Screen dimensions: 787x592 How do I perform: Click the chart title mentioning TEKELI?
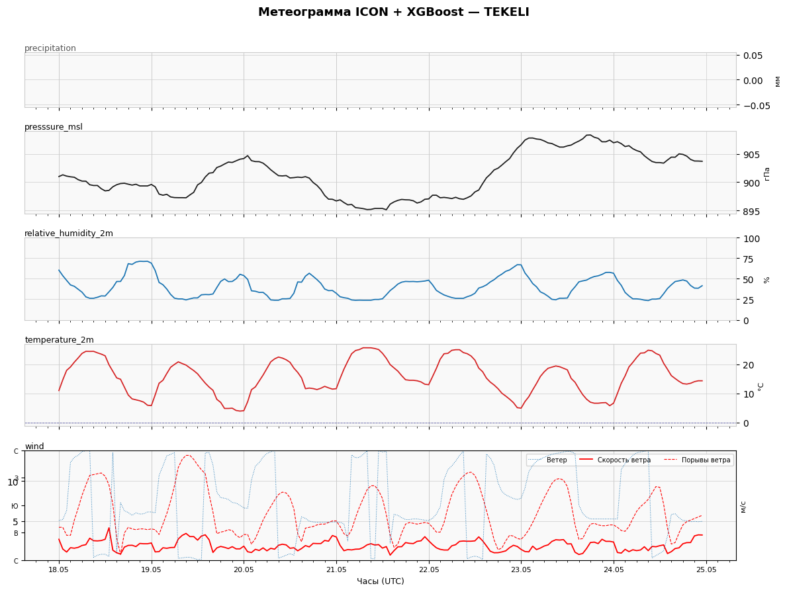click(393, 12)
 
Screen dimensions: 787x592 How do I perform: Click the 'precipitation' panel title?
click(50, 48)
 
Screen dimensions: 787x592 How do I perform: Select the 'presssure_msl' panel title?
click(54, 127)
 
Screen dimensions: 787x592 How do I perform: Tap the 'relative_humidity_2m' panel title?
click(69, 233)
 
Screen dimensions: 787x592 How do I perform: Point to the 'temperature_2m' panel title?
click(59, 339)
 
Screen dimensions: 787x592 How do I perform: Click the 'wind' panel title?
click(34, 446)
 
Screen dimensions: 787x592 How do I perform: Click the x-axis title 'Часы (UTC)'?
click(381, 581)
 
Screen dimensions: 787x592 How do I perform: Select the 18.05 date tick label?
click(59, 570)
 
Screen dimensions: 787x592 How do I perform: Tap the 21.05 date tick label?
click(336, 570)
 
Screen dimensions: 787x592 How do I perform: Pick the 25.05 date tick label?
click(706, 570)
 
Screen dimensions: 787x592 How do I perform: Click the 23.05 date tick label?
click(521, 570)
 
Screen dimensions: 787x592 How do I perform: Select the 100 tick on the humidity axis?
click(751, 239)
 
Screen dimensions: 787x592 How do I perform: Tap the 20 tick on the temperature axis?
click(749, 365)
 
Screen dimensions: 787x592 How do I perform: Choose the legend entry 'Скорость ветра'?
click(624, 460)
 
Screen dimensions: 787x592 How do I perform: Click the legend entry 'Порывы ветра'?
click(706, 460)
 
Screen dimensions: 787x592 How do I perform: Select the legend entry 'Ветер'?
click(557, 460)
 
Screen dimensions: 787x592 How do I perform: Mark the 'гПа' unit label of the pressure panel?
click(766, 173)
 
